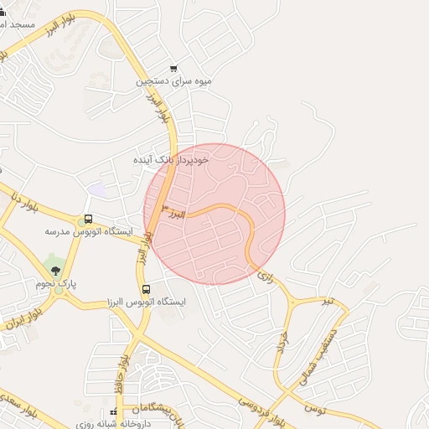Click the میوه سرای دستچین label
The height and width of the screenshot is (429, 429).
(174, 83)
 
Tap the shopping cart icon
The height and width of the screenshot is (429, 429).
(173, 69)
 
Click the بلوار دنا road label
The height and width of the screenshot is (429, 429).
(26, 203)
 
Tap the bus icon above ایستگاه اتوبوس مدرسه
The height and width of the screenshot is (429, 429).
(89, 219)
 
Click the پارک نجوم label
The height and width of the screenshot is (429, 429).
(55, 284)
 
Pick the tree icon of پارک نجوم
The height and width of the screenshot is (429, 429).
(55, 271)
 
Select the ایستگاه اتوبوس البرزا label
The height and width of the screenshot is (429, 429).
(146, 302)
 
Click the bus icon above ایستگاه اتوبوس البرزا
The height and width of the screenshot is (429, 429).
(147, 289)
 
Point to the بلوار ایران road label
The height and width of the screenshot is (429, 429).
(18, 332)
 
